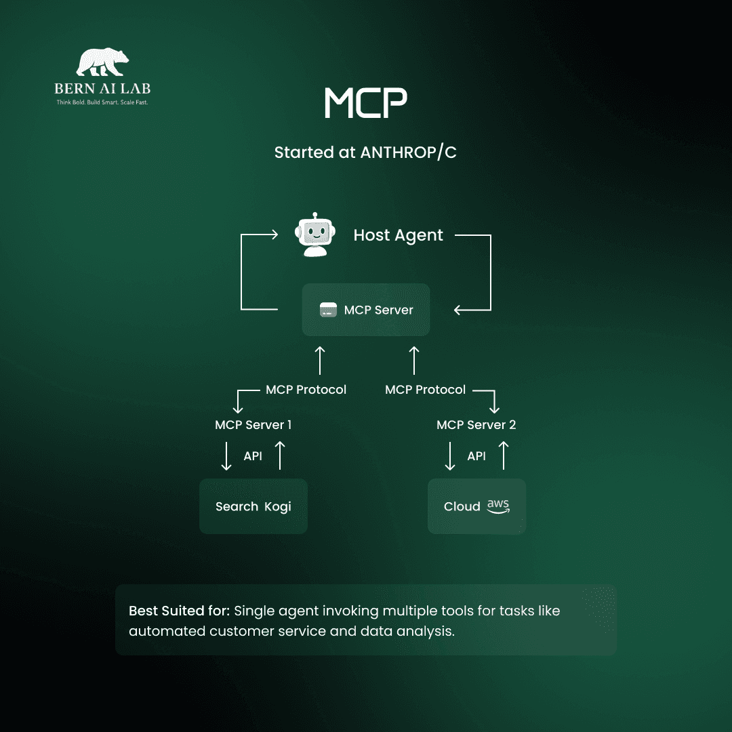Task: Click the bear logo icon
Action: (x=102, y=62)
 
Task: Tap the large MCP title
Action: (x=365, y=103)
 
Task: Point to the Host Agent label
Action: (x=398, y=235)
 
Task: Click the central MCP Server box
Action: (x=365, y=310)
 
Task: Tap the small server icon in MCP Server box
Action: (x=329, y=310)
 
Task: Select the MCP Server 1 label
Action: (x=253, y=425)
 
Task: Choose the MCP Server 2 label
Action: (x=476, y=425)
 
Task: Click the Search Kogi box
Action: (x=253, y=506)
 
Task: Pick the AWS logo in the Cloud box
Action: (x=498, y=506)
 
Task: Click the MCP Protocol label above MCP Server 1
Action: (x=306, y=390)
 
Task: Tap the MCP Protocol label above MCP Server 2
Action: (x=425, y=390)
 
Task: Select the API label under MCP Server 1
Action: (x=253, y=456)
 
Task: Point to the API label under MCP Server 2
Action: (x=476, y=456)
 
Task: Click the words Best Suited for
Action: (x=179, y=611)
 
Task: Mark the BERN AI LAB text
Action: (x=103, y=89)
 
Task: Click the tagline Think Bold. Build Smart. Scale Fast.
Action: (x=102, y=102)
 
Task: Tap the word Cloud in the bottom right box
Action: (x=462, y=507)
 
